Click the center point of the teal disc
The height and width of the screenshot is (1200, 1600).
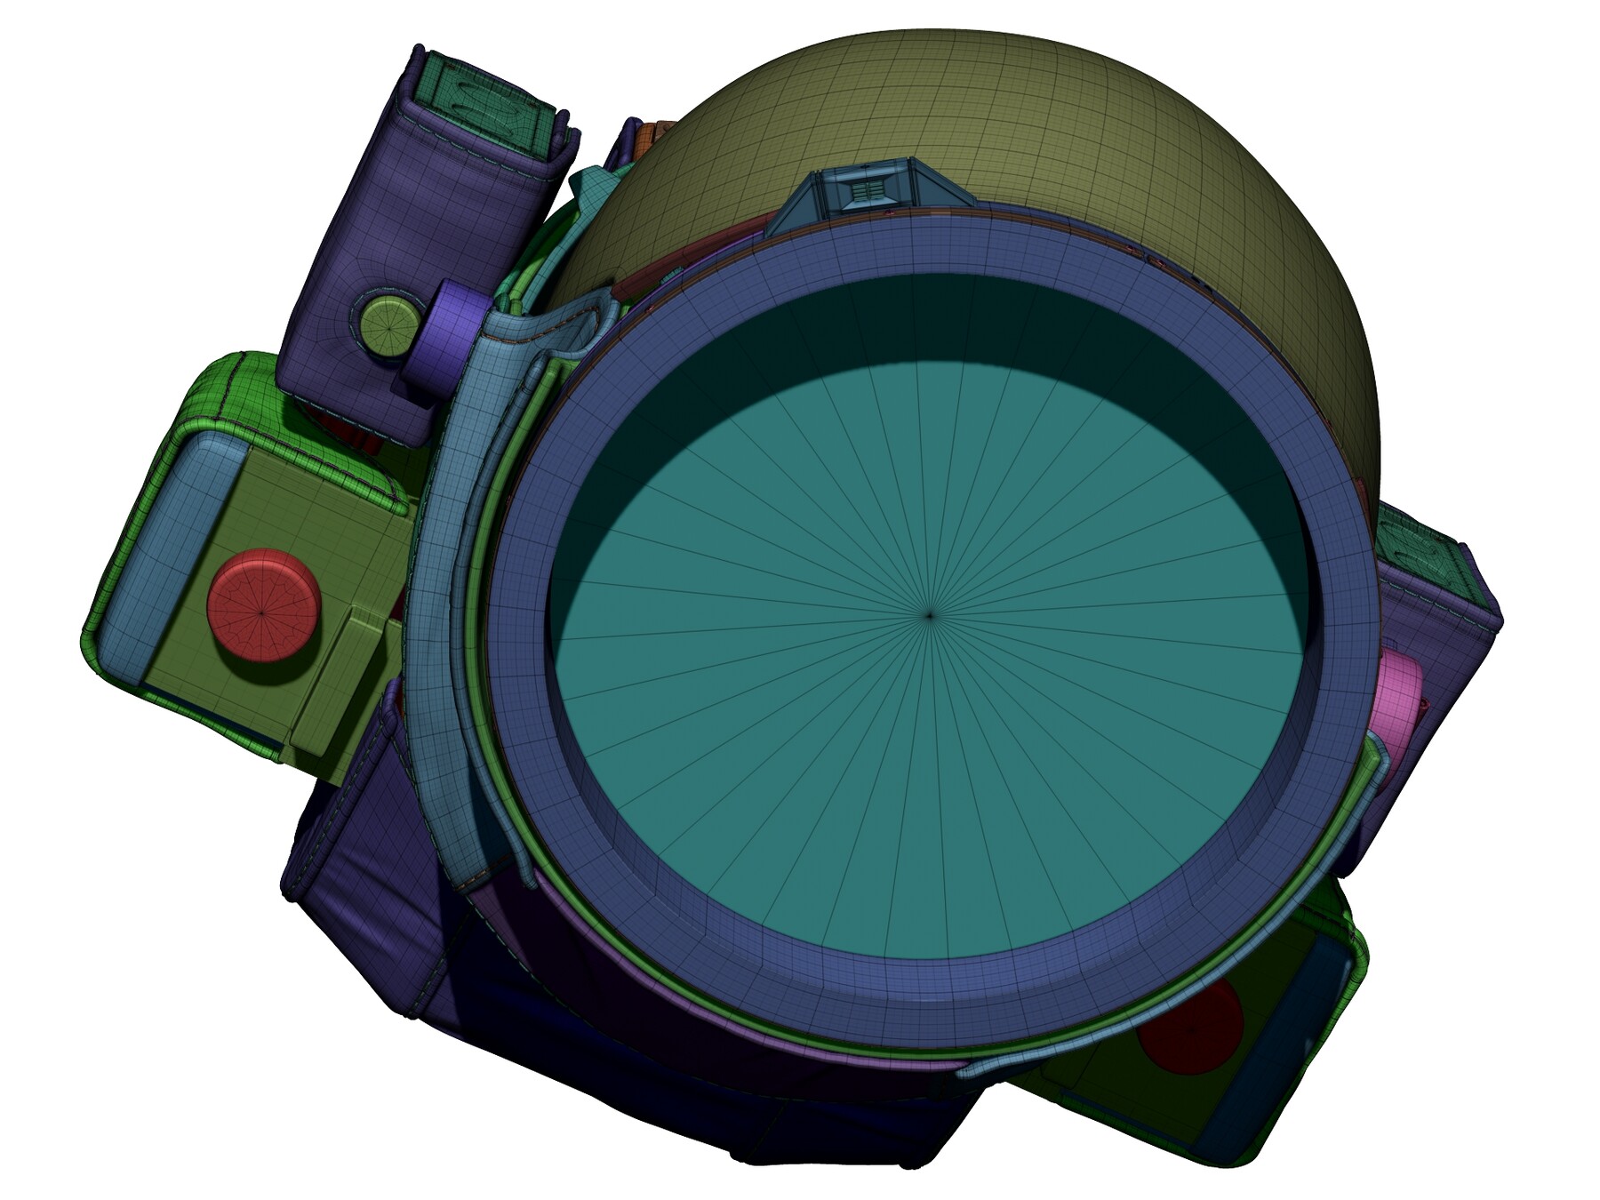click(930, 614)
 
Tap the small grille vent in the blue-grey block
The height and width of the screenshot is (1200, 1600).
click(868, 192)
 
